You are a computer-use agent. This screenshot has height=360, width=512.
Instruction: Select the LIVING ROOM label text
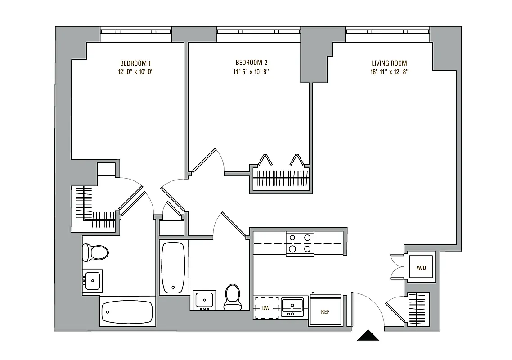[389, 63]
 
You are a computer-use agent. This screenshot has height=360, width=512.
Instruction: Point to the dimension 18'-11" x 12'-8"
[389, 72]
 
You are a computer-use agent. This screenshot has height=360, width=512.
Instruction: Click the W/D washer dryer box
[421, 267]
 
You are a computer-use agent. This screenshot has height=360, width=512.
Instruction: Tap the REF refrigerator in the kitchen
[325, 310]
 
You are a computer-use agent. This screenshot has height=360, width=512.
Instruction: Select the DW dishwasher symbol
[267, 308]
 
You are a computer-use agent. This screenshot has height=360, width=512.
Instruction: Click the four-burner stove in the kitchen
[300, 243]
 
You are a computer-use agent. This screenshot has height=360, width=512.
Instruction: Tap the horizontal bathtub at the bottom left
[127, 311]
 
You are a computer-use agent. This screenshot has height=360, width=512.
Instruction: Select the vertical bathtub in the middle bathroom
[173, 268]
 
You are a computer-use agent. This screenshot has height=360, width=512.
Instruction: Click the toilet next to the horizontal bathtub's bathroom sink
[95, 252]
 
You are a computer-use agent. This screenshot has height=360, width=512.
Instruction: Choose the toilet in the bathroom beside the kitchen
[233, 297]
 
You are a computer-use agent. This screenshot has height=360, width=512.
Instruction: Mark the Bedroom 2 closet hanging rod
[281, 179]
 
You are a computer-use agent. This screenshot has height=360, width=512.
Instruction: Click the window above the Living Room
[388, 32]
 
